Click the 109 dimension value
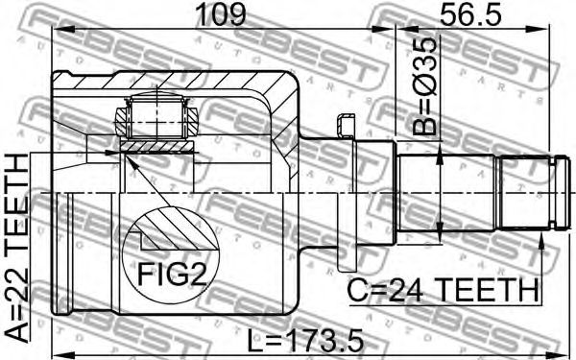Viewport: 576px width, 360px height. coord(221,14)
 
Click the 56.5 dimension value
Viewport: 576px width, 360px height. coord(470,14)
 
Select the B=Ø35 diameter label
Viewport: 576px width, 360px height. coord(424,86)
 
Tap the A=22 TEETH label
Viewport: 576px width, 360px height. coord(17,248)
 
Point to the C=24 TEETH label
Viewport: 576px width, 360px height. coord(443,290)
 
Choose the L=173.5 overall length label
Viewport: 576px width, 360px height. coord(305,340)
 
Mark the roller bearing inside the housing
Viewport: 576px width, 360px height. coord(156,116)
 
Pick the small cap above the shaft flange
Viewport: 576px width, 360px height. coord(346,126)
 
